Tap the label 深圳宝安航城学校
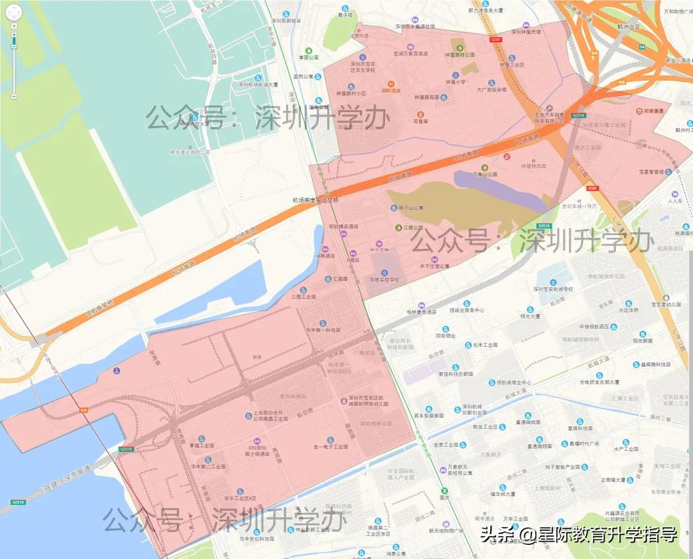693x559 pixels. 561,289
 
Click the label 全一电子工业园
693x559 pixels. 330,446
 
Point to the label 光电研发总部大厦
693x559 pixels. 599,382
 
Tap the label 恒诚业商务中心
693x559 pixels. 466,310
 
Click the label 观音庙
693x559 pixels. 420,120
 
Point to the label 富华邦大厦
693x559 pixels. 502,494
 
